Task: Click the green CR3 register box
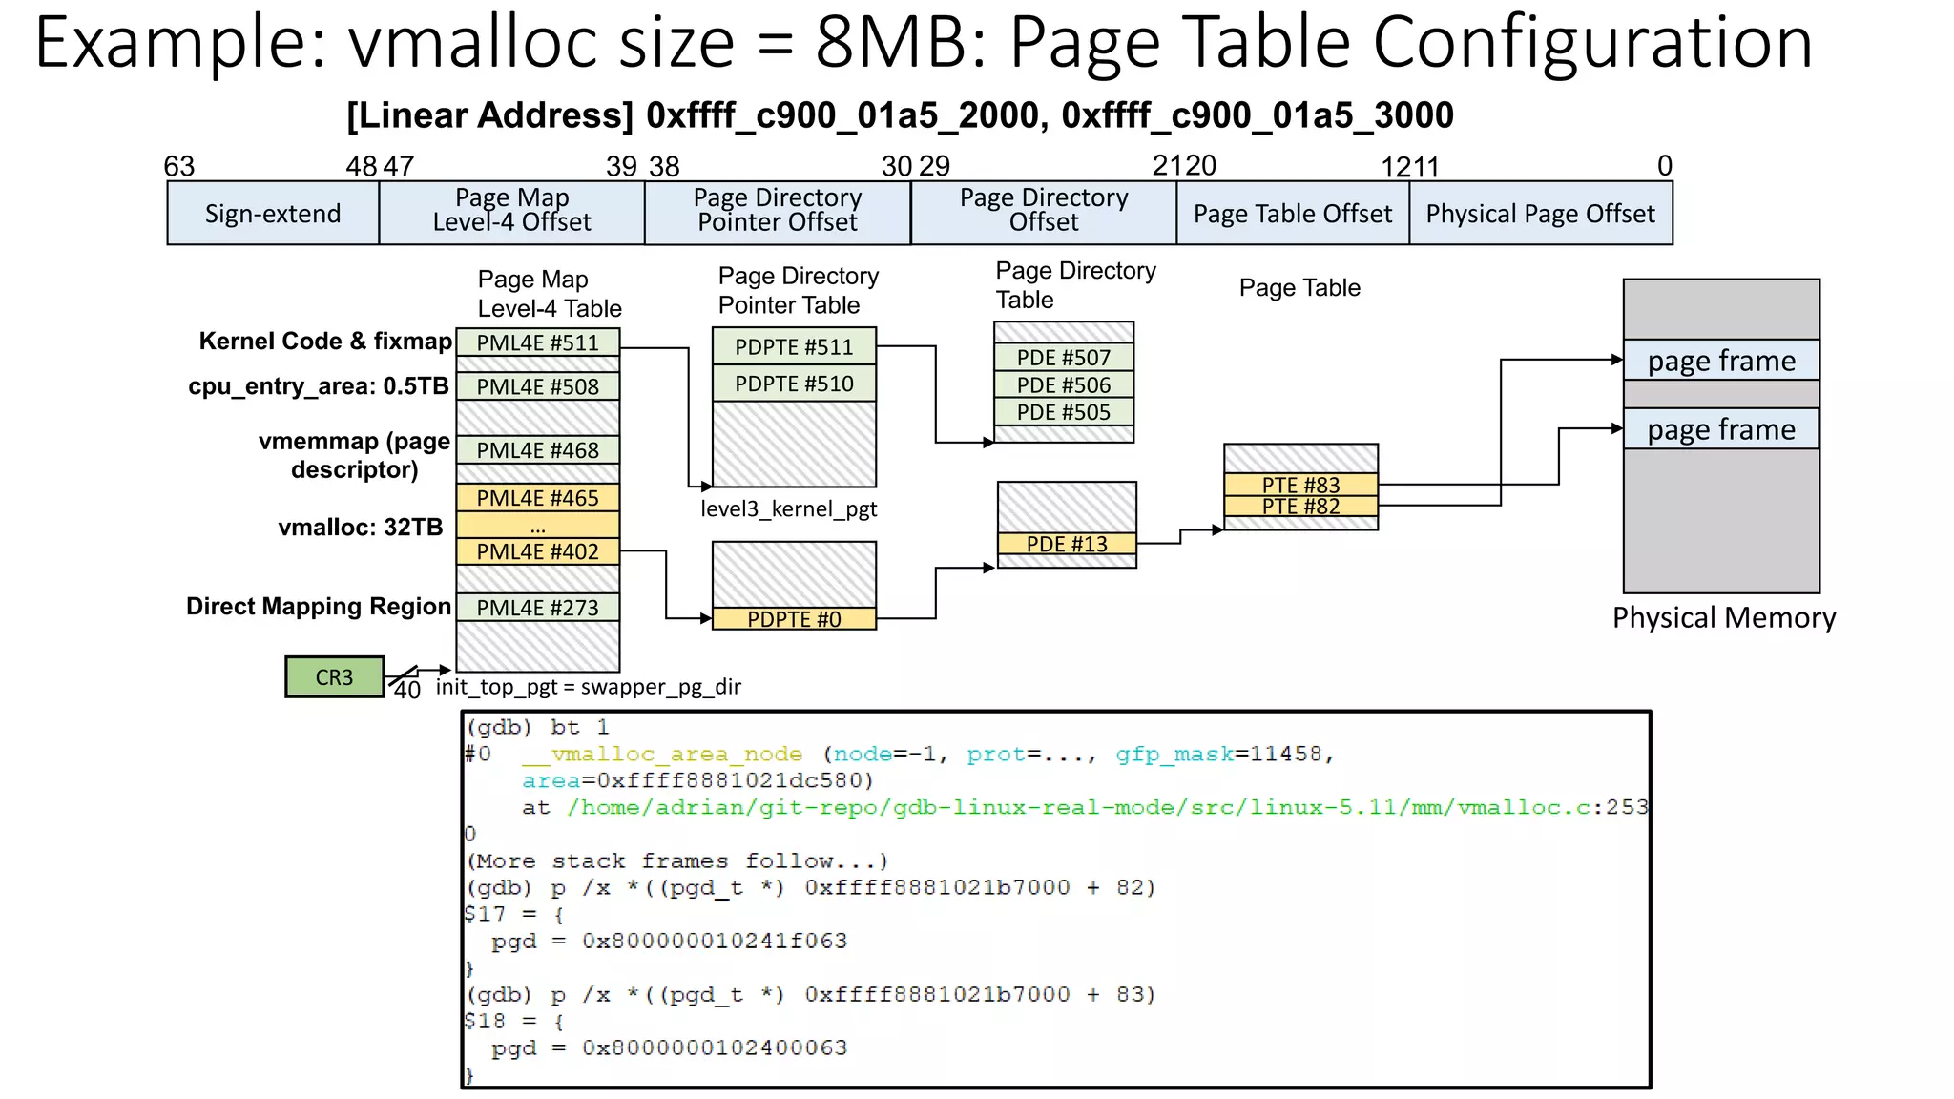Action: pos(334,677)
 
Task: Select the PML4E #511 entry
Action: pos(537,343)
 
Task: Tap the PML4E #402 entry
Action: pos(537,551)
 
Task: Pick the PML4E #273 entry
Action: pos(537,608)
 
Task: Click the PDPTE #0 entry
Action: pos(794,619)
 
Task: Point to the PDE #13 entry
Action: pos(1067,544)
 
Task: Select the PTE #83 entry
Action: pos(1300,485)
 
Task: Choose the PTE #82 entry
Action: pos(1300,507)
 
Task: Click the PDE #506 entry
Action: pos(1064,385)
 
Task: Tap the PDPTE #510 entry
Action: pos(794,384)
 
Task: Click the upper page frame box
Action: pos(1721,361)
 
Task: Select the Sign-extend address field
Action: pos(273,214)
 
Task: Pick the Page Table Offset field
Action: pos(1293,214)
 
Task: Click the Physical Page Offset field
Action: pos(1540,214)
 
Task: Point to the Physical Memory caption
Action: pos(1724,618)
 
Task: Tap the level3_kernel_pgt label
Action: pos(788,509)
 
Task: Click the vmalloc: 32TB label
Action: pos(361,528)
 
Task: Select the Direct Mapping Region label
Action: pos(319,607)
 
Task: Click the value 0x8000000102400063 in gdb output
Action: pos(715,1047)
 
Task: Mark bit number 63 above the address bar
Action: pos(179,167)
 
